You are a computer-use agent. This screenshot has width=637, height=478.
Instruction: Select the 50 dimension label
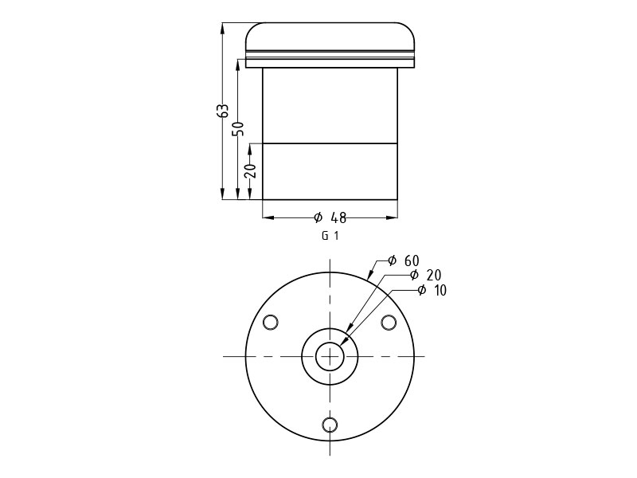tap(238, 129)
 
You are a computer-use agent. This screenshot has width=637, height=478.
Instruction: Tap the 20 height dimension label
tap(251, 170)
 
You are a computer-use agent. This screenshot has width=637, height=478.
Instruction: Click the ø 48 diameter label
tap(330, 217)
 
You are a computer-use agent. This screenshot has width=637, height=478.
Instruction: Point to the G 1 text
tap(330, 236)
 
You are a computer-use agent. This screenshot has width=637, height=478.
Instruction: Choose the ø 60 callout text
tap(403, 261)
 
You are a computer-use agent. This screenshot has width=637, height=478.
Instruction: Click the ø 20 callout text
tap(425, 275)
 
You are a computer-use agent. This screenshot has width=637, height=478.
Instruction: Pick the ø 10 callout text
tap(432, 290)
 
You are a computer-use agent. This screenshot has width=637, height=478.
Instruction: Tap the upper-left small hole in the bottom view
tap(271, 323)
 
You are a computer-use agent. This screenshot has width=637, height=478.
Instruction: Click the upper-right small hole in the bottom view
tap(389, 323)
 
